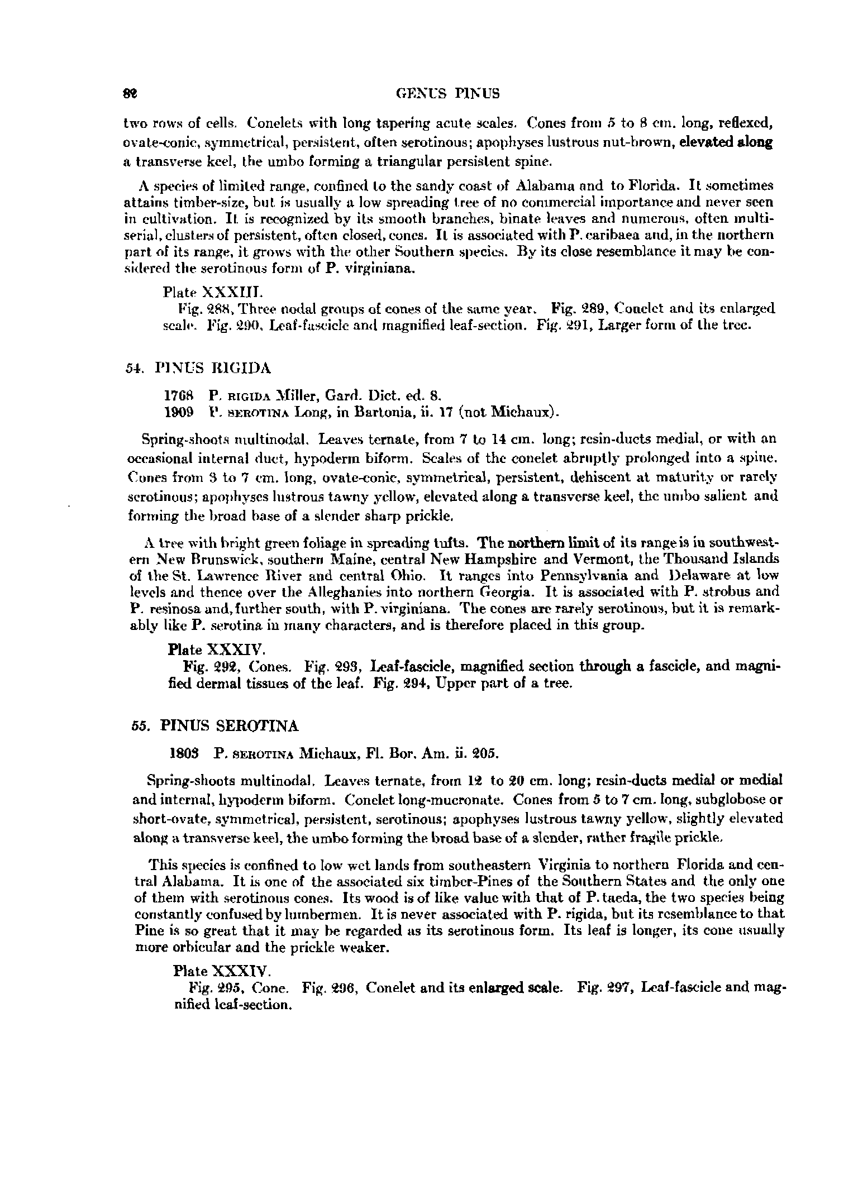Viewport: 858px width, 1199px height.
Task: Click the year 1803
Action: (183, 753)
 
